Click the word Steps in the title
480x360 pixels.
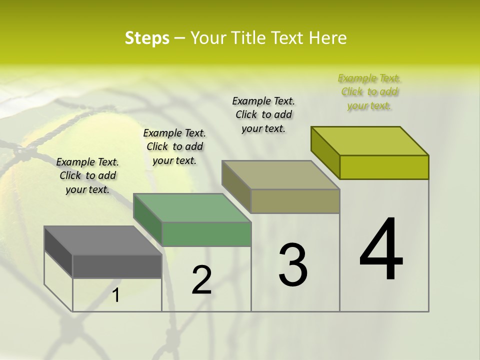pyautogui.click(x=147, y=38)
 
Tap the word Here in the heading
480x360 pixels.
pyautogui.click(x=328, y=38)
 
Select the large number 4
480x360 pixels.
pyautogui.click(x=381, y=250)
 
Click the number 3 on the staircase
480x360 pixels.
pyautogui.click(x=293, y=265)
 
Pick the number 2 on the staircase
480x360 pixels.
pyautogui.click(x=201, y=280)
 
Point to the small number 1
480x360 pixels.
pyautogui.click(x=115, y=295)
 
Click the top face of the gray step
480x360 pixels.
pyautogui.click(x=103, y=240)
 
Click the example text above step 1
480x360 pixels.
pyautogui.click(x=87, y=175)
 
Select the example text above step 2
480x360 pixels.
pyautogui.click(x=174, y=146)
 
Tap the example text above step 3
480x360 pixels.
pyautogui.click(x=263, y=114)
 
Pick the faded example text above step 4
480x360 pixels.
pyautogui.click(x=369, y=91)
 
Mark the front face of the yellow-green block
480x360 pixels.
pyautogui.click(x=384, y=167)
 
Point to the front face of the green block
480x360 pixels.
pyautogui.click(x=206, y=234)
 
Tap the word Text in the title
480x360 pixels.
pyautogui.click(x=286, y=38)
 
